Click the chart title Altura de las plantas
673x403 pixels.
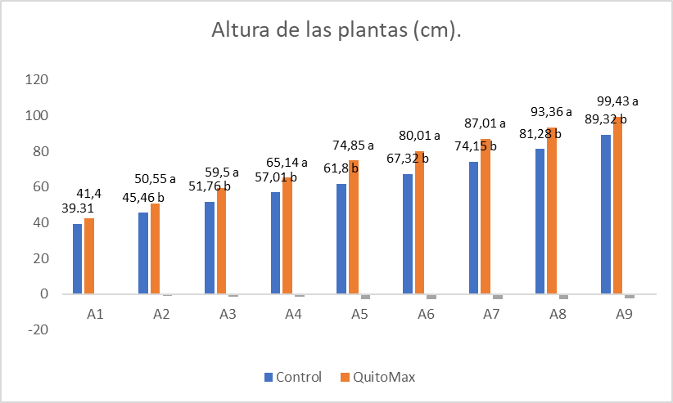click(336, 31)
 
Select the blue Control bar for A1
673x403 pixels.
click(77, 258)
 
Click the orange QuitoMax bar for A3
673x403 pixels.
click(221, 240)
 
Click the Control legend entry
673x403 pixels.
click(291, 377)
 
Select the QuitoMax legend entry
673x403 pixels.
click(380, 377)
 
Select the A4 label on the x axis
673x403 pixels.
click(292, 314)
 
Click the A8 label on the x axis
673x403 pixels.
click(558, 314)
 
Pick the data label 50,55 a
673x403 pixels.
click(156, 178)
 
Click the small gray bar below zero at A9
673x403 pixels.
click(630, 296)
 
